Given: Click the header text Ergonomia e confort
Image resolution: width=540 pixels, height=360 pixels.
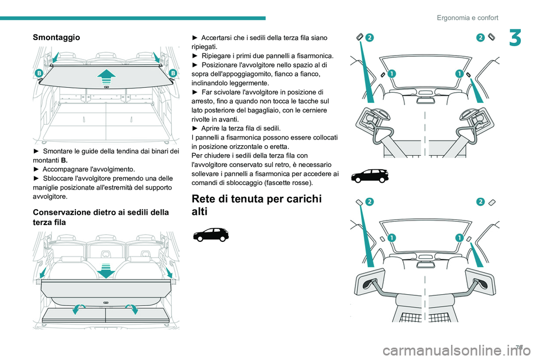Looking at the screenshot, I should (x=467, y=17).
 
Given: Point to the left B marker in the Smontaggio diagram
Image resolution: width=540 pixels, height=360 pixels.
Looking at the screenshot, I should (x=39, y=73).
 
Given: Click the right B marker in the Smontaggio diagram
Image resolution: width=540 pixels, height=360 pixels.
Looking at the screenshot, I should (x=172, y=73).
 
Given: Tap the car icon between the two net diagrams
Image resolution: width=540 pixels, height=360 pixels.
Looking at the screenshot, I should (x=369, y=175).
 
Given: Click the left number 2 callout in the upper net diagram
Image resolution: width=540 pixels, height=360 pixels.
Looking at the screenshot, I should (x=370, y=37).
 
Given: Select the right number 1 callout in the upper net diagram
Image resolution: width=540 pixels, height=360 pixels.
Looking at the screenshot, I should (x=459, y=74).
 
